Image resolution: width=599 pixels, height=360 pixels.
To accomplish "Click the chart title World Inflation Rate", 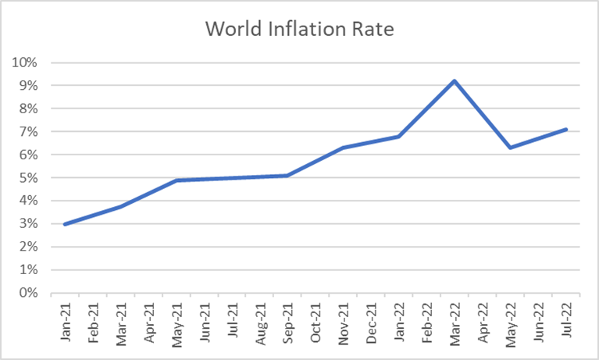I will click(x=299, y=29).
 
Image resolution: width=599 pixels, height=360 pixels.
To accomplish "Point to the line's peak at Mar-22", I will click(x=455, y=80).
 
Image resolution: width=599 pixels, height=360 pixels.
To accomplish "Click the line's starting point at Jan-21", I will click(x=65, y=224).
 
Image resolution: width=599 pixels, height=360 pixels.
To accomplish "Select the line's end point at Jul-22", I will click(x=565, y=130).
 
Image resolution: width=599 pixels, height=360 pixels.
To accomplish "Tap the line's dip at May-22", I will click(x=509, y=148).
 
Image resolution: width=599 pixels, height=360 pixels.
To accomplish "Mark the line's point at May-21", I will click(x=176, y=180).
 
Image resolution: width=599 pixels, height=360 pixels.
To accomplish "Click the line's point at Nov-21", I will click(x=343, y=148).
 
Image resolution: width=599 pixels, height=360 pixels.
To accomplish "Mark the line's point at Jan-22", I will click(x=398, y=137).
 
